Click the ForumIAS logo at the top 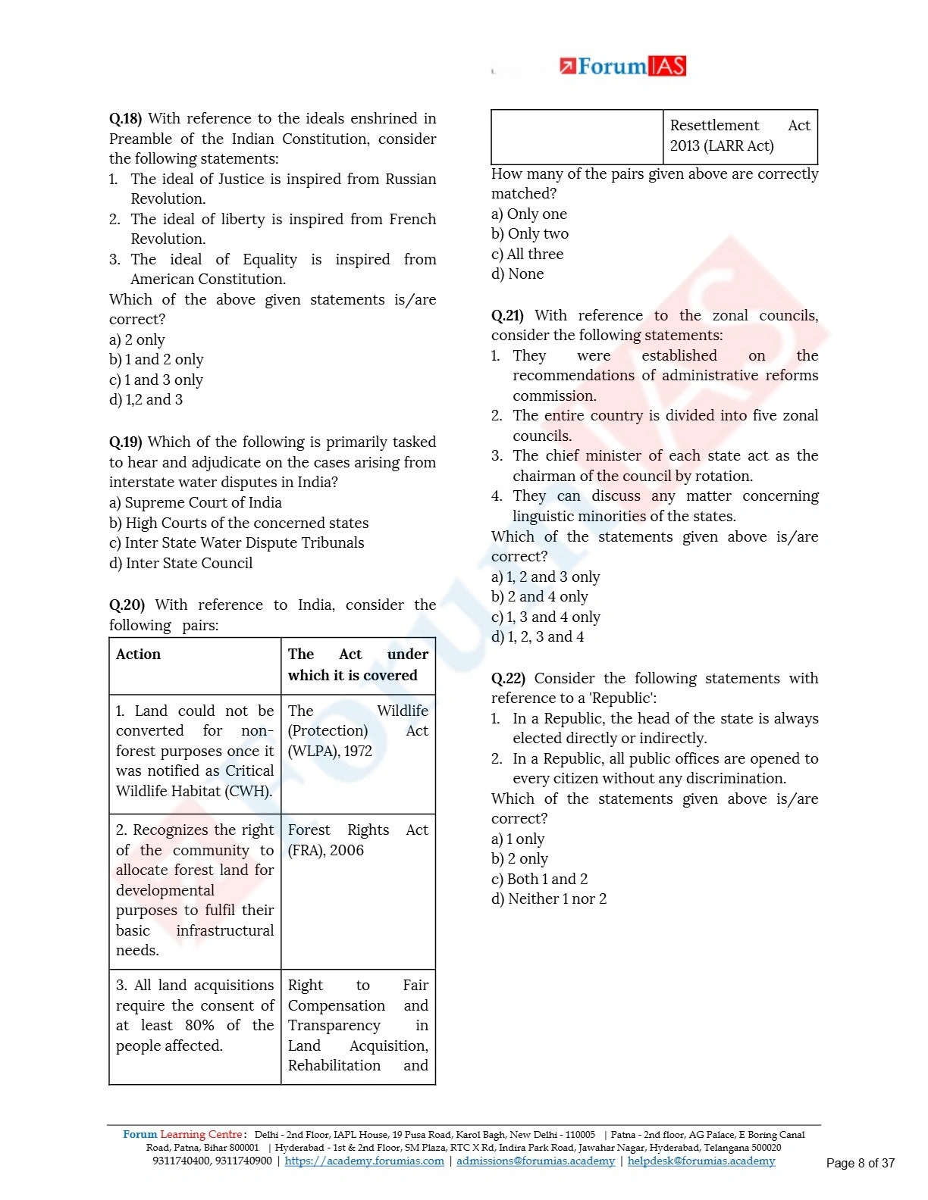(x=622, y=67)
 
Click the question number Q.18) (x=125, y=119)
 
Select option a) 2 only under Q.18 (x=136, y=340)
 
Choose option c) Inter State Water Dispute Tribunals (x=237, y=543)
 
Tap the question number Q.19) (x=125, y=442)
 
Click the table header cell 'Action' (x=138, y=655)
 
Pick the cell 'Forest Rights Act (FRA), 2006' (x=357, y=840)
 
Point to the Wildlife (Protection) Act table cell (x=357, y=731)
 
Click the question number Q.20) (x=127, y=605)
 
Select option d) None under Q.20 (x=517, y=274)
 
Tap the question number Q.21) (x=507, y=316)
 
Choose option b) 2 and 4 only (x=539, y=597)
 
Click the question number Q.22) (x=508, y=679)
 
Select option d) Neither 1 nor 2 (x=549, y=899)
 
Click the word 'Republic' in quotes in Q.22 (x=623, y=698)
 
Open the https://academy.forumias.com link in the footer (x=364, y=1161)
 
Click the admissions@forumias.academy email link (x=535, y=1161)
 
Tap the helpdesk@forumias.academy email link (x=701, y=1161)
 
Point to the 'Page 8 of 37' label (x=860, y=1164)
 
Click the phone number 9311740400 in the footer (x=180, y=1161)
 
